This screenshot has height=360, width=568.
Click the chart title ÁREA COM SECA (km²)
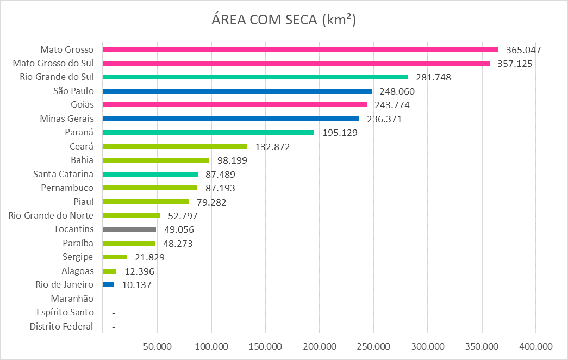283,20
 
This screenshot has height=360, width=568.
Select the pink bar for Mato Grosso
300,49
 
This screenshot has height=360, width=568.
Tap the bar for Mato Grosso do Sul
296,63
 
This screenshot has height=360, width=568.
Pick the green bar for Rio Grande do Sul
255,77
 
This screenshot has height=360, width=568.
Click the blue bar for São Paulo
237,91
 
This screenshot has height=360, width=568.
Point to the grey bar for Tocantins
129,229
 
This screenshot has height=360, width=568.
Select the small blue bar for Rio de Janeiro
109,284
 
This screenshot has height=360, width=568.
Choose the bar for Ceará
174,146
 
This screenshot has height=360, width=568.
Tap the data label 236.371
384,119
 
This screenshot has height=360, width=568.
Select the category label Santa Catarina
63,174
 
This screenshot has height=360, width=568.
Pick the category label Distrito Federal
61,327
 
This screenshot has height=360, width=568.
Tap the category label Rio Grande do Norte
51,215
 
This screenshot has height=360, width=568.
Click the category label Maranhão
72,299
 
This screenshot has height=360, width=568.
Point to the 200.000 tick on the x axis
320,346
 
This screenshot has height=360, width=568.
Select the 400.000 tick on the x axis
536,346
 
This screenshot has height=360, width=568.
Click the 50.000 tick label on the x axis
157,346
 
